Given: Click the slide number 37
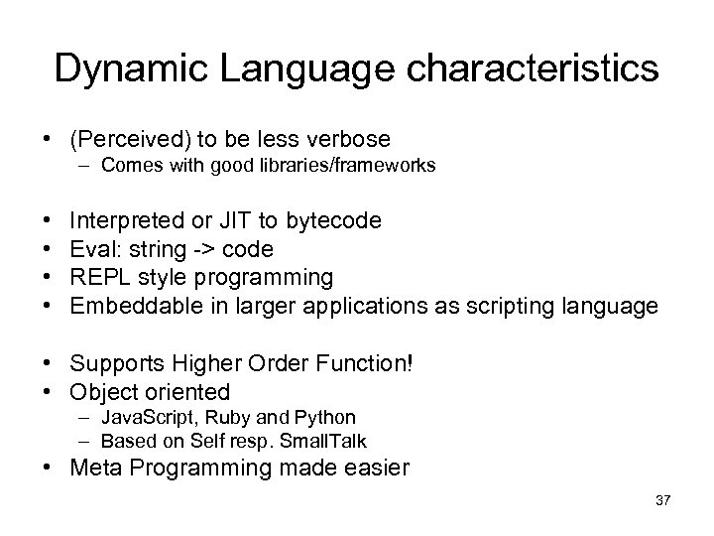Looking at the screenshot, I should (662, 501).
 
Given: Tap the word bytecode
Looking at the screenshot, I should (339, 220).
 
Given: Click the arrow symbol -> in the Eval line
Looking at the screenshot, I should (202, 248).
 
